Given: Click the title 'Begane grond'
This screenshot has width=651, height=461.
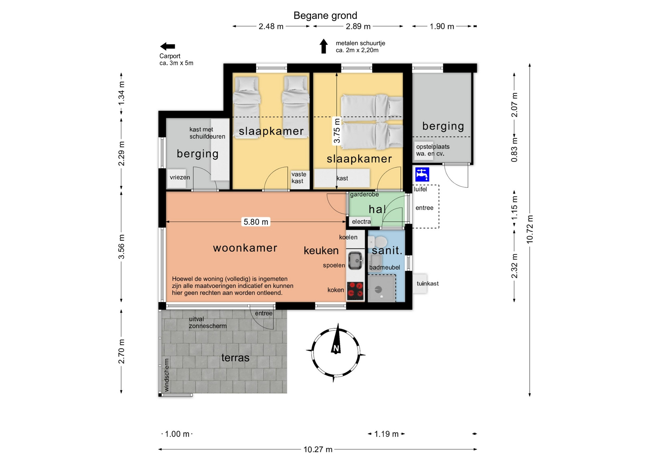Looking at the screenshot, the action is tap(325, 16).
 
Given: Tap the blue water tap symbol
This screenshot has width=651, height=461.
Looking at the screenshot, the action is tap(422, 174).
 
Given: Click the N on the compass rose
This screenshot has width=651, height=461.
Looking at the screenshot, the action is tap(336, 349).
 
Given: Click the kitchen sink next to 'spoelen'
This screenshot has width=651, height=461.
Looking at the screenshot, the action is tap(355, 261).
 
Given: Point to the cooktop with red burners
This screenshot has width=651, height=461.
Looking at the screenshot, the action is tap(355, 291).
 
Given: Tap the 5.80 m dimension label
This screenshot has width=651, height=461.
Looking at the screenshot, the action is tap(256, 222).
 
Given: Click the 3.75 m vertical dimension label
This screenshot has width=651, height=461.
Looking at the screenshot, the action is tap(337, 131).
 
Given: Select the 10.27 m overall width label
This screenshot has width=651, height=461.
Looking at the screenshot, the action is tap(318, 449).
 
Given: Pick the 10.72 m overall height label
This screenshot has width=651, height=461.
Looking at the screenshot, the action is tap(530, 229).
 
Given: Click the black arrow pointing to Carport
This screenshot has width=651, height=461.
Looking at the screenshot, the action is tap(167, 47).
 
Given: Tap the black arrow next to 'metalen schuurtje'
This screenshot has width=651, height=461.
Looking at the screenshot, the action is tap(324, 46).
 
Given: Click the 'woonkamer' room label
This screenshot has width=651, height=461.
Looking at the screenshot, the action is tap(245, 248).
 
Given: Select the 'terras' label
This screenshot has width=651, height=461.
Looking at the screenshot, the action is tap(235, 357).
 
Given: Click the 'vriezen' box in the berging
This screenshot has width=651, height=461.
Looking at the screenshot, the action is tap(177, 178).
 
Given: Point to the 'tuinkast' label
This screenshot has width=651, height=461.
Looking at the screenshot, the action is tap(428, 283).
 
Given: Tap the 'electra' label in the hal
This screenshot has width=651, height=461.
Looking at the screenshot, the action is tap(361, 222).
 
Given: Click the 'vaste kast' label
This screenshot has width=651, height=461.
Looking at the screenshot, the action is tap(299, 178).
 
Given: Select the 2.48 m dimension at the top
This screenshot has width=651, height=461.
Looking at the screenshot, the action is tap(271, 26).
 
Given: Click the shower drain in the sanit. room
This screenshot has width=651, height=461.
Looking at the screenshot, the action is tap(378, 290).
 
